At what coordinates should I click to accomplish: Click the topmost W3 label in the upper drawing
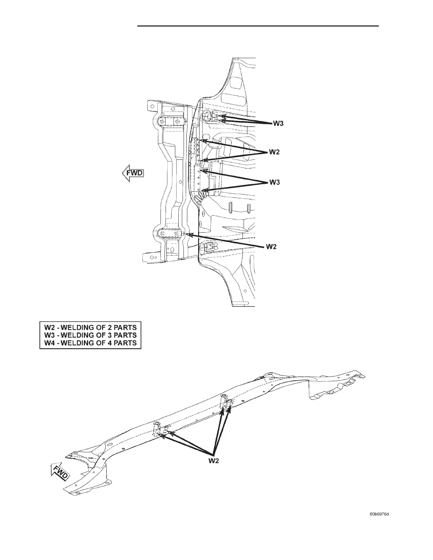(x=278, y=124)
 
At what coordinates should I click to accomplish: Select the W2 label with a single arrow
(x=271, y=247)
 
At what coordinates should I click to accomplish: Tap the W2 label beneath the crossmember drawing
(x=213, y=461)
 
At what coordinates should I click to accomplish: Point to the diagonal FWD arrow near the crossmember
(x=60, y=473)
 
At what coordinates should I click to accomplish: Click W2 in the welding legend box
(x=49, y=327)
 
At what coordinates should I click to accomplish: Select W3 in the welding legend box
(x=49, y=335)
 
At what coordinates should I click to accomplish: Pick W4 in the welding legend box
(x=49, y=343)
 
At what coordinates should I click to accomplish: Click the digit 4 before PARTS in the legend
(x=110, y=343)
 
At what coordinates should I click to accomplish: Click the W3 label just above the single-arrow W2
(x=275, y=182)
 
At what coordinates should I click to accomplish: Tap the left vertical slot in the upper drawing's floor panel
(x=230, y=208)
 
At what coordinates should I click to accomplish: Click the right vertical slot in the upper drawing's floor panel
(x=249, y=208)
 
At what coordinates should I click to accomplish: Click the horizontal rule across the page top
(x=258, y=26)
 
